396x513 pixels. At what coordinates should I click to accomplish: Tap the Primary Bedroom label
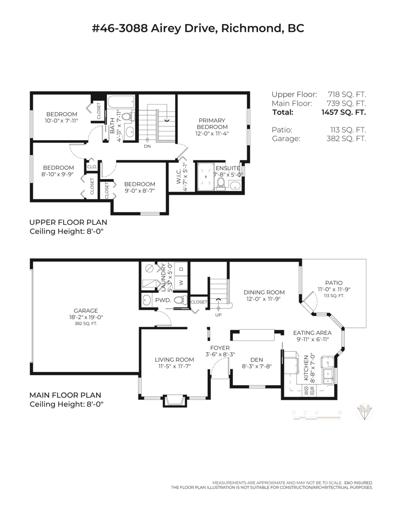coord(212,124)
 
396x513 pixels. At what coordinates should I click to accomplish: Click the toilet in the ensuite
coord(220,183)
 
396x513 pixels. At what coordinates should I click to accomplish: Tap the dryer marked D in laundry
coord(181,269)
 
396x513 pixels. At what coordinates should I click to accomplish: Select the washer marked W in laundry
coord(181,283)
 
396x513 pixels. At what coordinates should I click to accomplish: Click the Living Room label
coord(174,360)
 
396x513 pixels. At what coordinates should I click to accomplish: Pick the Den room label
coord(257,360)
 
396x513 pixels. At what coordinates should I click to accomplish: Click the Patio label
coord(334,283)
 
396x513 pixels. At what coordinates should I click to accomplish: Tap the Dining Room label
coord(264,292)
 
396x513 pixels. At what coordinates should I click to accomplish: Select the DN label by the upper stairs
coord(147,146)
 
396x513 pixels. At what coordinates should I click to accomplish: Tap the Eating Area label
coord(312,333)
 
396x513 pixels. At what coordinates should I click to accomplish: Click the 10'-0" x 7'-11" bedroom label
coord(62,114)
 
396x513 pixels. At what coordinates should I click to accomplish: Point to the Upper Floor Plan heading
coord(68,222)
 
